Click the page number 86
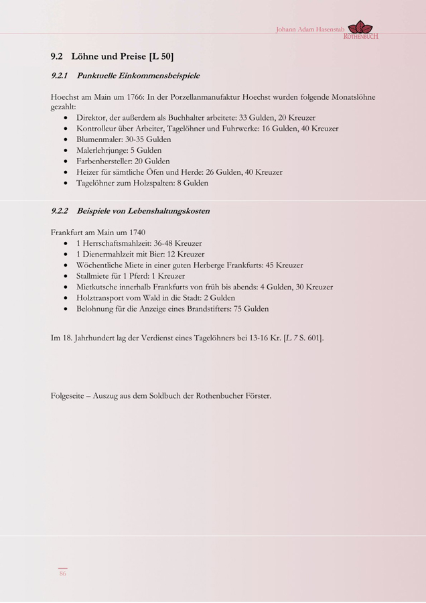tap(62, 573)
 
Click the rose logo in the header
tap(361, 27)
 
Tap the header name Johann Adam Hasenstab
tap(309, 30)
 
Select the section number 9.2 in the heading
tap(57, 56)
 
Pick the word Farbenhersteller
tap(104, 161)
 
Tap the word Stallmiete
tap(94, 276)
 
